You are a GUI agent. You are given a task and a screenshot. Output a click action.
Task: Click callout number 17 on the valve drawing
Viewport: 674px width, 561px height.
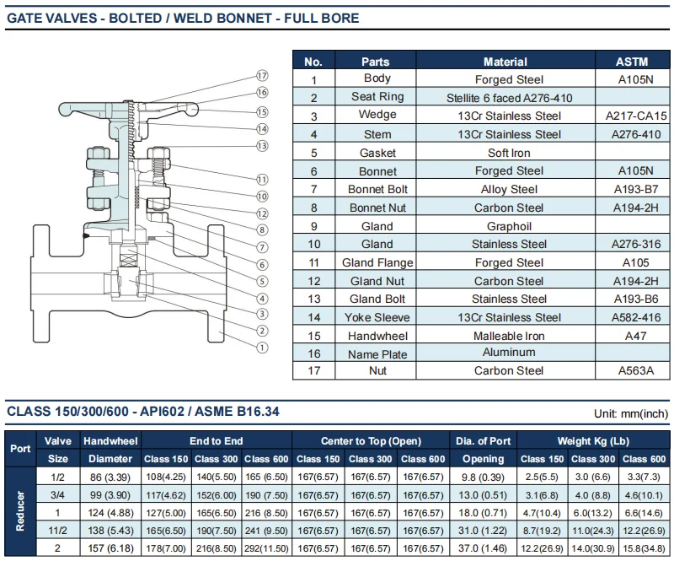point(262,75)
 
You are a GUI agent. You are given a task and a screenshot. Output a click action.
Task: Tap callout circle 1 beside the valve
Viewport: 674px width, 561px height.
point(262,347)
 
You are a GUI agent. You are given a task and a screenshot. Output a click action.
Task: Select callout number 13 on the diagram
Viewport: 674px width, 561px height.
point(262,146)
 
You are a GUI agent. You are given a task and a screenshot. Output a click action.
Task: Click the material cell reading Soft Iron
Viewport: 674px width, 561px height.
point(509,153)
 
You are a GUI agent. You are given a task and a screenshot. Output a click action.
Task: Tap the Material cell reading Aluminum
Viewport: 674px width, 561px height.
point(509,353)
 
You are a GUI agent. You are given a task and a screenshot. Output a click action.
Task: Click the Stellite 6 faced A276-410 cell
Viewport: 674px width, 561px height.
point(509,98)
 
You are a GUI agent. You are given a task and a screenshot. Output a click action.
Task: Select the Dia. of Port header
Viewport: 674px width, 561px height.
point(488,441)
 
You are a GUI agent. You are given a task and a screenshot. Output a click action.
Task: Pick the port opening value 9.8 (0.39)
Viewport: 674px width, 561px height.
point(488,476)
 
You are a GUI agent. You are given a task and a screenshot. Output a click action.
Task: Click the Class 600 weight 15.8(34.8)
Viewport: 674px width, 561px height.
point(644,548)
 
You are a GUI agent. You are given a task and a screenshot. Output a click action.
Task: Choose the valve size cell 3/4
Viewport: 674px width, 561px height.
point(58,494)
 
